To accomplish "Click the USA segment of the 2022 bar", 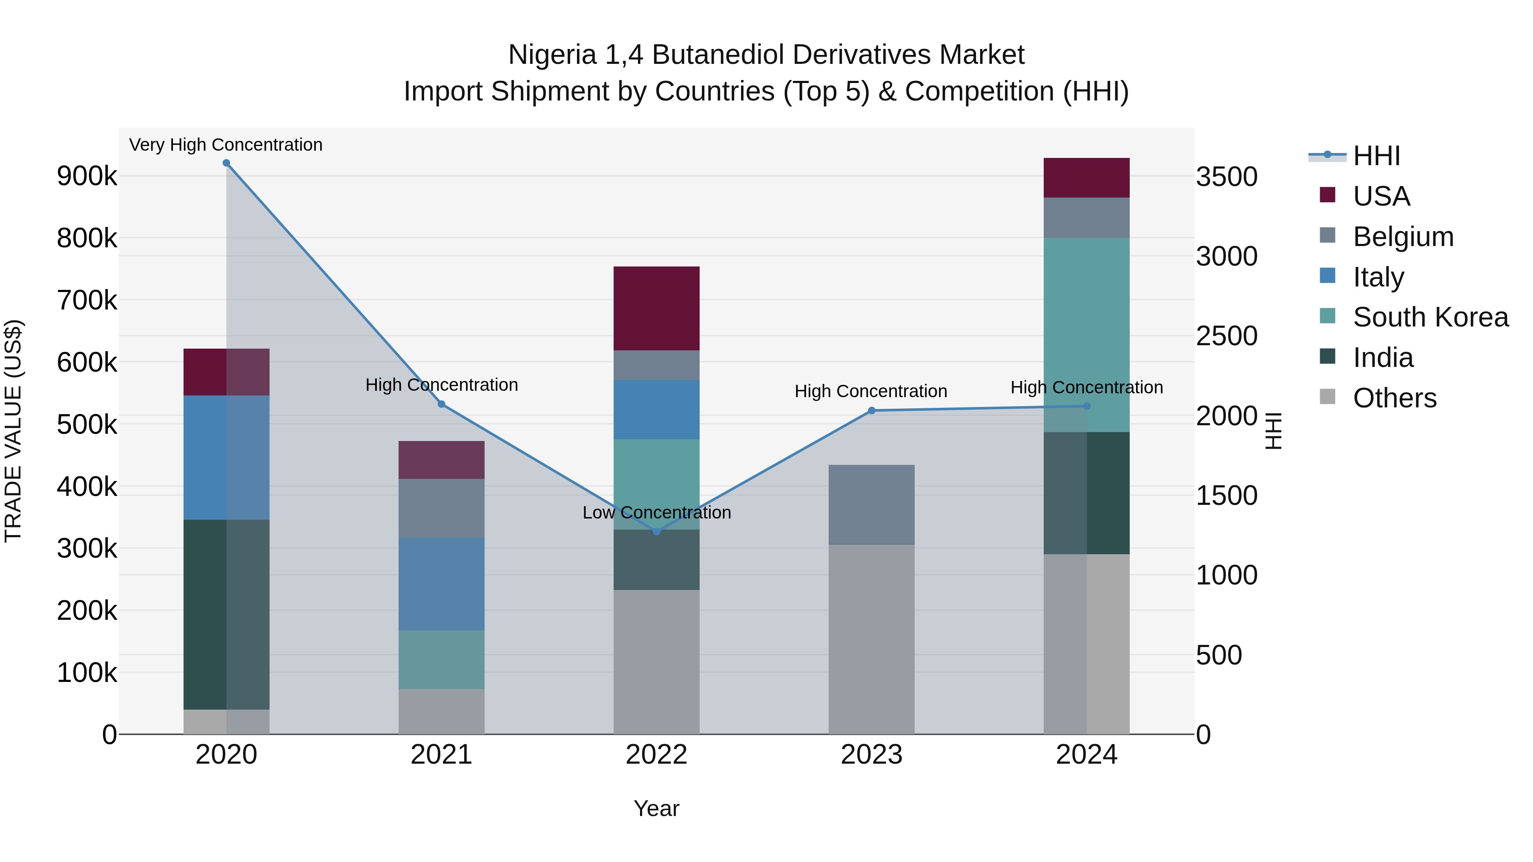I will pos(656,308).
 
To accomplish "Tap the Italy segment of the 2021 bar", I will pos(441,584).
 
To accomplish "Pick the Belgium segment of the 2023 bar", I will pos(871,504).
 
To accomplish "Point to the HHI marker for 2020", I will pos(226,163).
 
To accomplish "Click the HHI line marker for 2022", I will pos(656,531).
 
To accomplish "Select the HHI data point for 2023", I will pos(871,410).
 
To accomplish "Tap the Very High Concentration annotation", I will pos(226,145).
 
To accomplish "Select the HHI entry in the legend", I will pos(1376,156).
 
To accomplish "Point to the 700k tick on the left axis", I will pos(87,301).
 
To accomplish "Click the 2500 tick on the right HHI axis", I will pos(1226,336).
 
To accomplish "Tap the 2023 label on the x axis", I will pos(871,755).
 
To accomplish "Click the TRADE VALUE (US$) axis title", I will pos(13,431).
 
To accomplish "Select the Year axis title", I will pos(656,808).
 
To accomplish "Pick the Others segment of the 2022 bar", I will pos(656,662).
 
